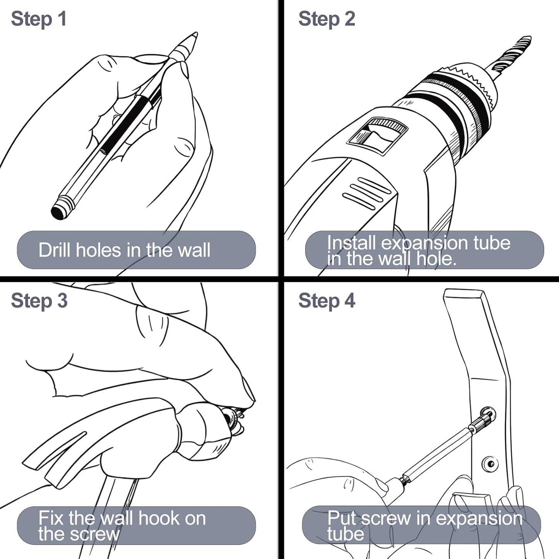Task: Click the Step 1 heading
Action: click(x=39, y=19)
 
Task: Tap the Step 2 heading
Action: click(x=327, y=19)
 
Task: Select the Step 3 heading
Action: click(x=39, y=301)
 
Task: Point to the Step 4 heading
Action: click(x=327, y=301)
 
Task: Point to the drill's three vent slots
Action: click(x=367, y=193)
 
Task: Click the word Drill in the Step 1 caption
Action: click(x=55, y=250)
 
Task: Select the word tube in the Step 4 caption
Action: click(x=345, y=534)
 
